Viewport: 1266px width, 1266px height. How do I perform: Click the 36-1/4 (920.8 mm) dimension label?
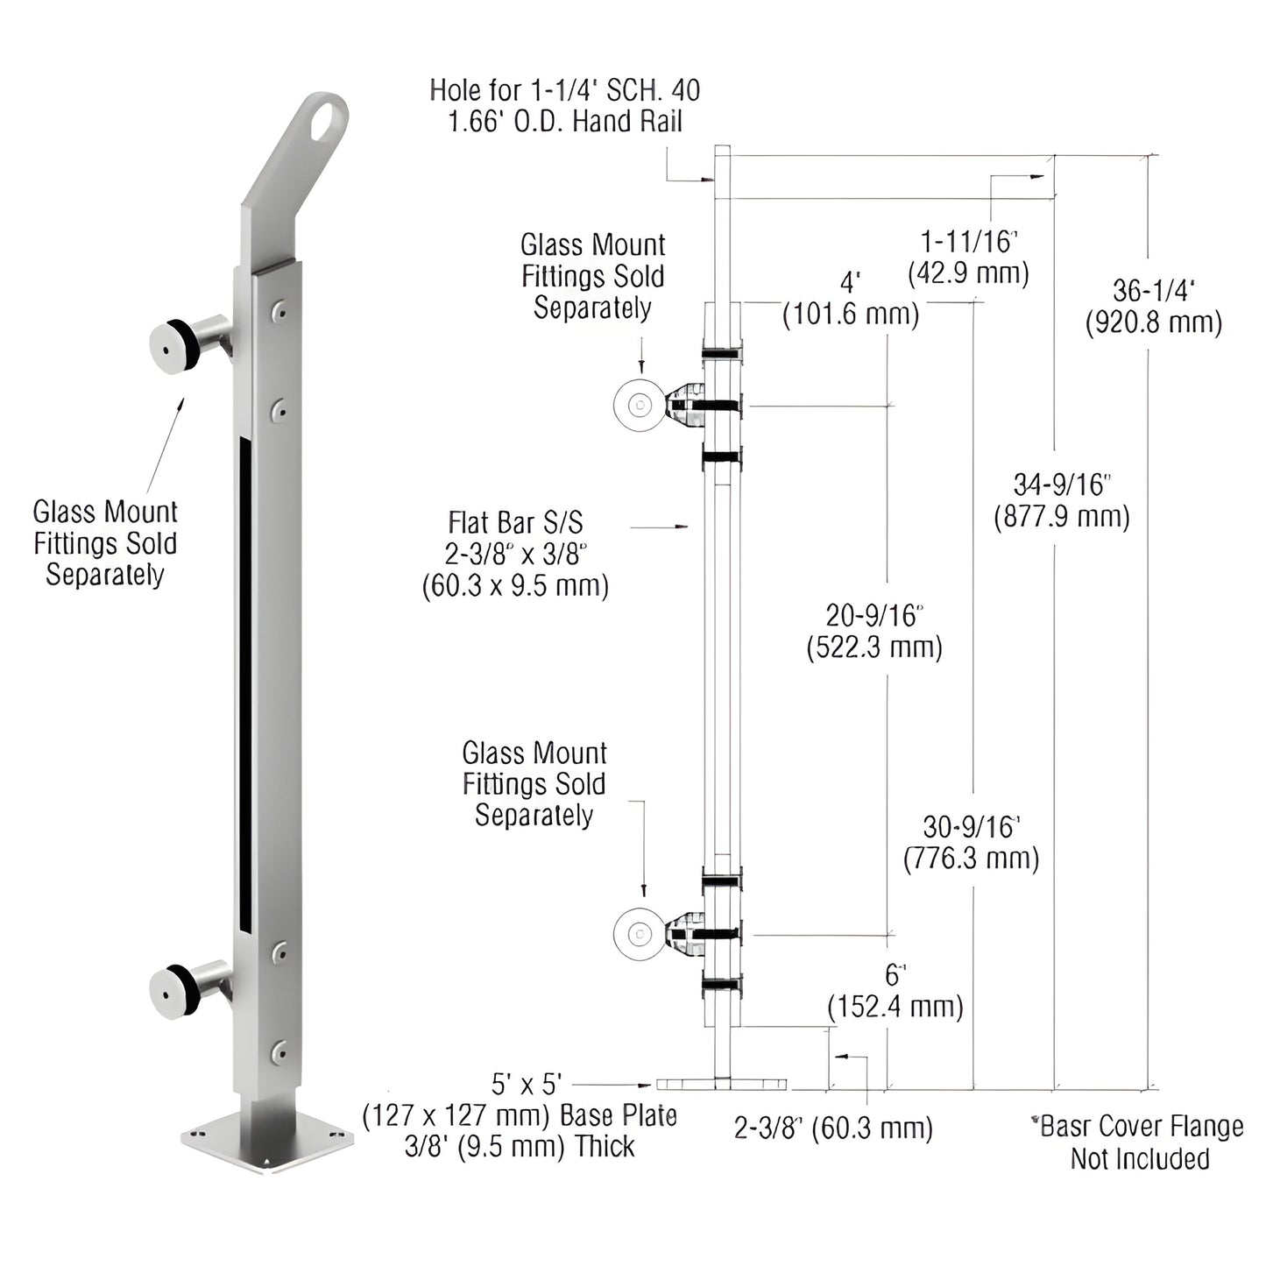tap(1153, 306)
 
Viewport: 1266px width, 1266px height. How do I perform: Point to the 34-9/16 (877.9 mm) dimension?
tap(1061, 500)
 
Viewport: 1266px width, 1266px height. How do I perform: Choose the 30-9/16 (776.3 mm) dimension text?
tap(971, 842)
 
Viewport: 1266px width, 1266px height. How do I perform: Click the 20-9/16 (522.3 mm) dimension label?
tap(873, 631)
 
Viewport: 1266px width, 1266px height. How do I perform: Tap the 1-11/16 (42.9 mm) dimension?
tap(968, 257)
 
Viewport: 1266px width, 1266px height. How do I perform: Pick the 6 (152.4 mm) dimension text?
tap(895, 991)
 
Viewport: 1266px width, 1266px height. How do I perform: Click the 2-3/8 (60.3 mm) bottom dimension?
tap(833, 1128)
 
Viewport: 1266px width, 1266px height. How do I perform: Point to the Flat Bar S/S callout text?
tap(515, 554)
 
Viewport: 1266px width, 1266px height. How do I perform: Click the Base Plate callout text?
tap(520, 1114)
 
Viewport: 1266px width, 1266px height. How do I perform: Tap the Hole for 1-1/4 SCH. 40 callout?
tap(565, 105)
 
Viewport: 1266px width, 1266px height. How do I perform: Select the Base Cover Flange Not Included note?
tap(1138, 1142)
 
